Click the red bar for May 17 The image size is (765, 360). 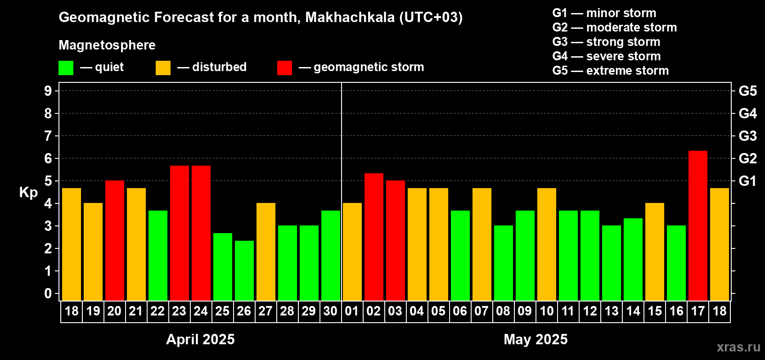click(x=697, y=225)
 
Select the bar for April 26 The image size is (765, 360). click(x=244, y=270)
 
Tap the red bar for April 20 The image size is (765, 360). click(x=114, y=240)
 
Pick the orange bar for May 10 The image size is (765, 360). click(x=546, y=244)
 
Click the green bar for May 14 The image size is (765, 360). click(x=633, y=259)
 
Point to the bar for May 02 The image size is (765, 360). click(x=373, y=237)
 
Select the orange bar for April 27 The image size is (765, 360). click(x=265, y=252)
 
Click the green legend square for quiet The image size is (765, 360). click(x=66, y=68)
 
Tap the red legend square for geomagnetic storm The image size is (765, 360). click(x=284, y=68)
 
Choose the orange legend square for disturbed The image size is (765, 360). click(x=163, y=68)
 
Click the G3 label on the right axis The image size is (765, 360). click(x=747, y=136)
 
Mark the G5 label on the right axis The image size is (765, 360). click(x=747, y=91)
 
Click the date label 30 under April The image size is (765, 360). click(x=330, y=311)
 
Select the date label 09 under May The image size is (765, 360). click(x=525, y=311)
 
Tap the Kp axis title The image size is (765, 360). click(x=28, y=193)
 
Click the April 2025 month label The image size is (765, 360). click(x=200, y=339)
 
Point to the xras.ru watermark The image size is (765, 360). click(x=738, y=347)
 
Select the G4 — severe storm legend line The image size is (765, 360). click(x=606, y=56)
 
